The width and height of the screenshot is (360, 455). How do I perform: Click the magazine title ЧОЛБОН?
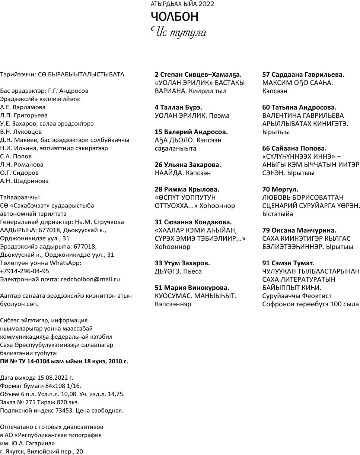[x=174, y=17]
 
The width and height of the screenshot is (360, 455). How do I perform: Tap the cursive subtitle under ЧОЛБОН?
[x=178, y=32]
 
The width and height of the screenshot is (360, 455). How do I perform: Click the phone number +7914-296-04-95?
[x=25, y=271]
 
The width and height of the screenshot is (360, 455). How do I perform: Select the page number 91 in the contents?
[x=267, y=263]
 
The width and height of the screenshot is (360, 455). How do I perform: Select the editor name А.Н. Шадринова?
[x=24, y=181]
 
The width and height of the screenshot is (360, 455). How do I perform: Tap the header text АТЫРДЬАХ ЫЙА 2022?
[x=182, y=4]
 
